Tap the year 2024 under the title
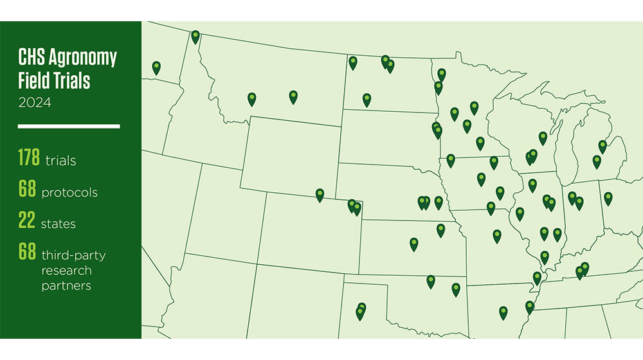click(x=35, y=102)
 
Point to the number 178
click(x=29, y=157)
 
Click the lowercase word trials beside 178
click(x=61, y=160)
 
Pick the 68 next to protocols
click(x=28, y=190)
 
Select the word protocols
click(x=69, y=192)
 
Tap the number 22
click(x=27, y=222)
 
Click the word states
click(x=59, y=224)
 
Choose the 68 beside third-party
click(x=28, y=253)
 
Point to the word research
click(x=67, y=271)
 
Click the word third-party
click(x=74, y=255)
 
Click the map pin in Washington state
click(x=156, y=67)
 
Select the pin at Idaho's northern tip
click(x=195, y=37)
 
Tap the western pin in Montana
click(x=252, y=98)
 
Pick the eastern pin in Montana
click(x=293, y=96)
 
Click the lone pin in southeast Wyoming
click(x=320, y=195)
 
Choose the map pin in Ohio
click(x=608, y=198)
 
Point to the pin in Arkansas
click(x=503, y=312)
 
